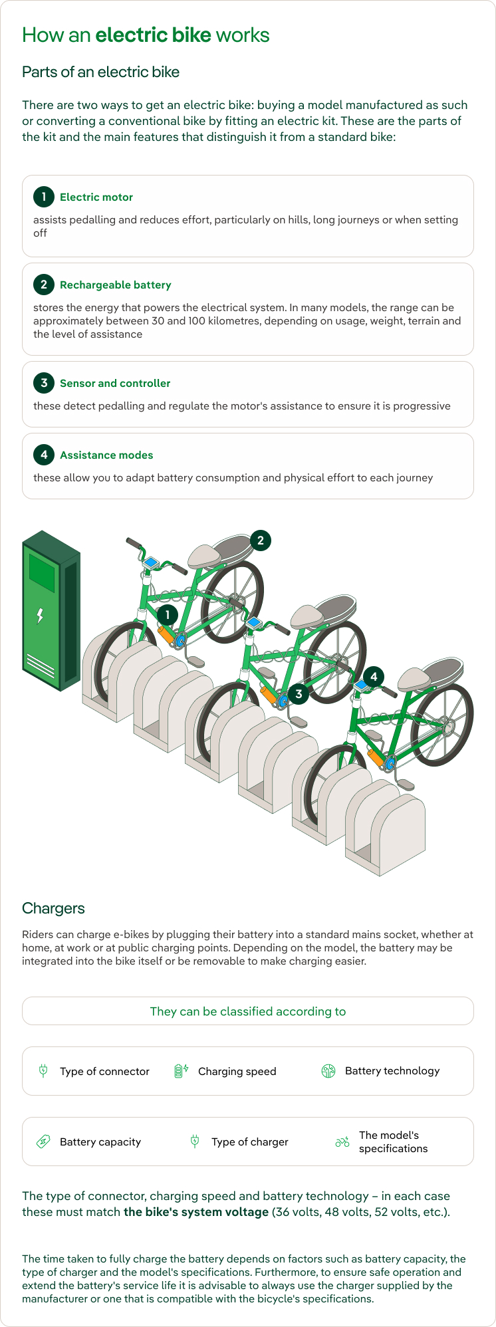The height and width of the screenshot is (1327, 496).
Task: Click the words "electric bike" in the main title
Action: coord(154,35)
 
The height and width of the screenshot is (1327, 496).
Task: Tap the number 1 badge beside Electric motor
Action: coord(44,197)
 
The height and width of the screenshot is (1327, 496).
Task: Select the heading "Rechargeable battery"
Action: coord(116,285)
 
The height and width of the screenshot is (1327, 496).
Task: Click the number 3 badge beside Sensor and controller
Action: coord(44,383)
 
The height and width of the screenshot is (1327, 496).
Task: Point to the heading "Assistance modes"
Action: coord(106,455)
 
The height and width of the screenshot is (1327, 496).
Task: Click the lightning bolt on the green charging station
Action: coord(40,616)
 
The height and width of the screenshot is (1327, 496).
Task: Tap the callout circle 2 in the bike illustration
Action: coord(260,541)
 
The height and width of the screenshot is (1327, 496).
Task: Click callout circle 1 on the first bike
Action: coord(167,615)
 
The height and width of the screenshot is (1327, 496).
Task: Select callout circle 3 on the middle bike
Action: coord(299,694)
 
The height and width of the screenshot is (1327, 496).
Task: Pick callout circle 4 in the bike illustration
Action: coord(374,677)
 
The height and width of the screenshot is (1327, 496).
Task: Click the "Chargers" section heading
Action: coord(53,909)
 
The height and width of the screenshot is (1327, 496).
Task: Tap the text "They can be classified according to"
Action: coord(248,1011)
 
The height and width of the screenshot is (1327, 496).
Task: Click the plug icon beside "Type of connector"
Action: coord(43,1071)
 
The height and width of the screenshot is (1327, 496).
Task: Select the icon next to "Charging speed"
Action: coord(181,1071)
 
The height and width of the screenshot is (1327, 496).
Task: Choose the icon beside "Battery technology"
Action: coord(328,1071)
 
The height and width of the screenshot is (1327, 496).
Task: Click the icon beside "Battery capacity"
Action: coord(43,1142)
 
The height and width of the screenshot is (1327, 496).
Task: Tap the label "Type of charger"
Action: coord(250,1142)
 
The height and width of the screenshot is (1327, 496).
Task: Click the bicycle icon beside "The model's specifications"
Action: coord(342,1142)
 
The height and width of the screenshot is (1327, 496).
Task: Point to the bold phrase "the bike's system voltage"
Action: coord(196,1212)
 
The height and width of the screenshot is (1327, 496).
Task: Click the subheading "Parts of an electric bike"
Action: coord(101,72)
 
